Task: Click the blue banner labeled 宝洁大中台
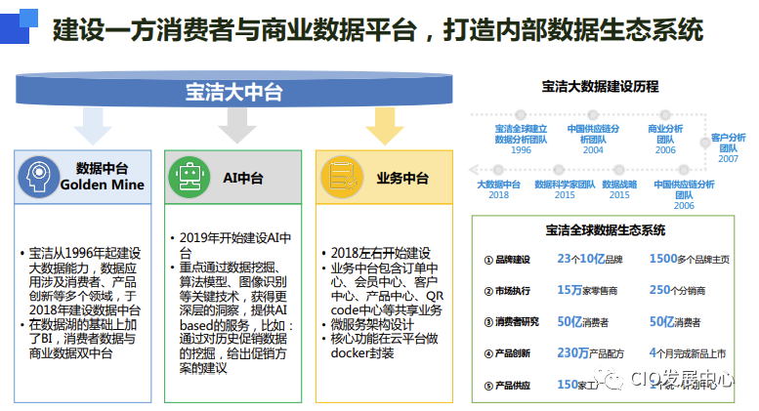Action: click(x=234, y=93)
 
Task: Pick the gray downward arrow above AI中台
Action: click(x=235, y=126)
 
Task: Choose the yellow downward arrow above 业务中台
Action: click(x=384, y=126)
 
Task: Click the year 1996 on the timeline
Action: click(x=521, y=150)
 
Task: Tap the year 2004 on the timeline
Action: click(x=593, y=150)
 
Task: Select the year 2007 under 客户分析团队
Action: click(x=728, y=159)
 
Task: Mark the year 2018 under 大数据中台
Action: click(x=499, y=195)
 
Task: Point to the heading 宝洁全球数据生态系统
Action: click(x=606, y=230)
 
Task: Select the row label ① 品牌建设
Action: click(x=507, y=260)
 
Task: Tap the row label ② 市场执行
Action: click(x=507, y=290)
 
